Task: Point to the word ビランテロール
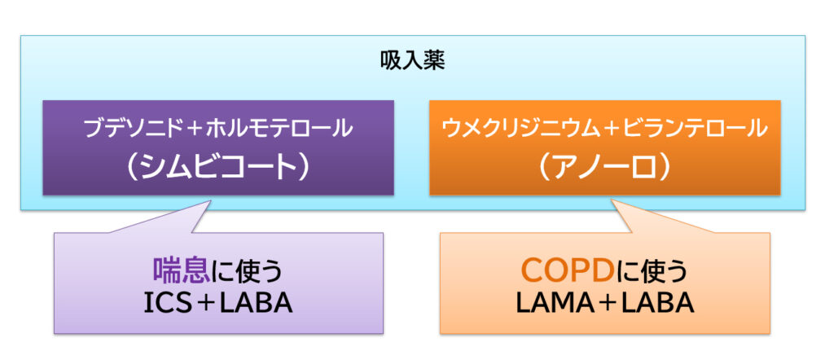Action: [x=693, y=128]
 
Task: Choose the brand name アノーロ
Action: [x=604, y=165]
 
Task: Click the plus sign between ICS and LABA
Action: [x=208, y=303]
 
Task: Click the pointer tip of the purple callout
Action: [x=209, y=198]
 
